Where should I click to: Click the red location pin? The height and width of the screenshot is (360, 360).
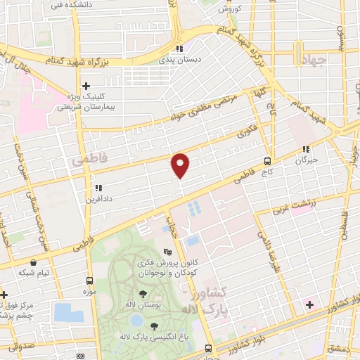181,165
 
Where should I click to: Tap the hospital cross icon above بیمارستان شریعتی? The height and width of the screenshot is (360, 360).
86,85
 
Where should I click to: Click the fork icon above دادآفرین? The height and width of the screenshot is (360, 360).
98,188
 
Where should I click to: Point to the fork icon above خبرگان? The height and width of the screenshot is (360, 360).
306,149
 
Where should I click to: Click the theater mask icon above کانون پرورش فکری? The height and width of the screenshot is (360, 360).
167,251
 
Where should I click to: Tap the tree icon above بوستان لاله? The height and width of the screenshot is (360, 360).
143,294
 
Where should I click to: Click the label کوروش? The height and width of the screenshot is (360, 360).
229,8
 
